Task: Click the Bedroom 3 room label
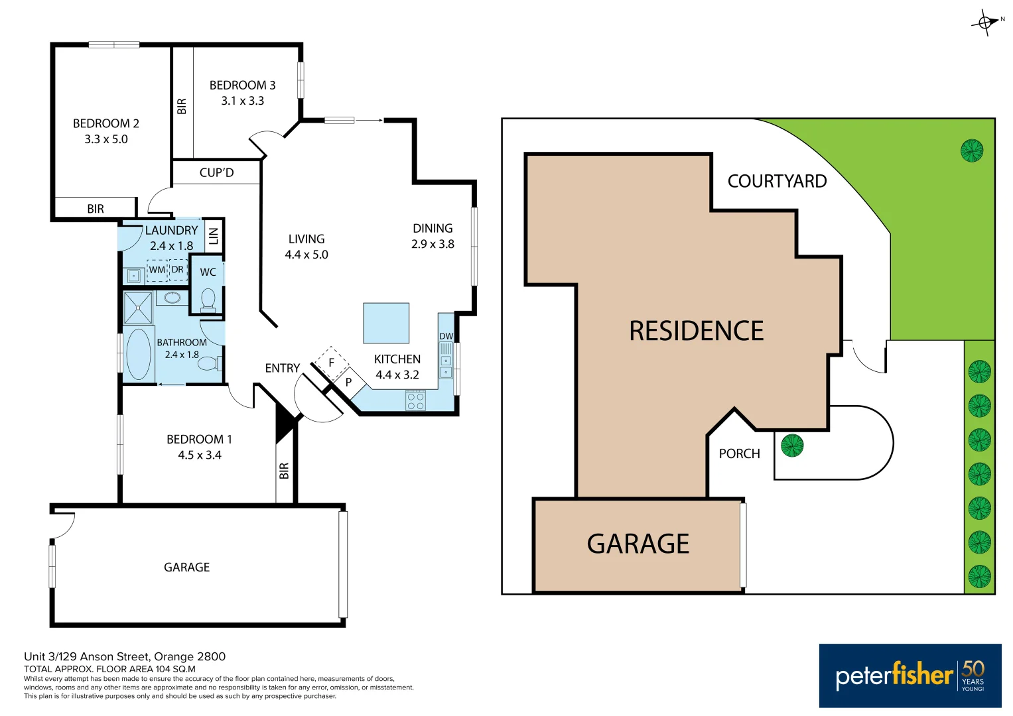242,86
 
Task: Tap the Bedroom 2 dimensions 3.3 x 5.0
106,139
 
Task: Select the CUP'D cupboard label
216,172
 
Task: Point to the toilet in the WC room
208,300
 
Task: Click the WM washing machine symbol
157,270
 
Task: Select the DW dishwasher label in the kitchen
446,337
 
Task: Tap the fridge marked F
331,363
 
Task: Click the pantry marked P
348,383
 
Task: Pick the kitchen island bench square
386,323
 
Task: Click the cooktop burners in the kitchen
416,400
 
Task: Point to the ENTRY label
283,368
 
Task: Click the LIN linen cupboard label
213,235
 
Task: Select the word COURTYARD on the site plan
777,182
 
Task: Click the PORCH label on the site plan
739,454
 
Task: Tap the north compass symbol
986,23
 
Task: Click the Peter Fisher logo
910,676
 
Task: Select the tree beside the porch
792,446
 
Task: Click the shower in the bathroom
138,308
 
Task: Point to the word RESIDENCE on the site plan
696,331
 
